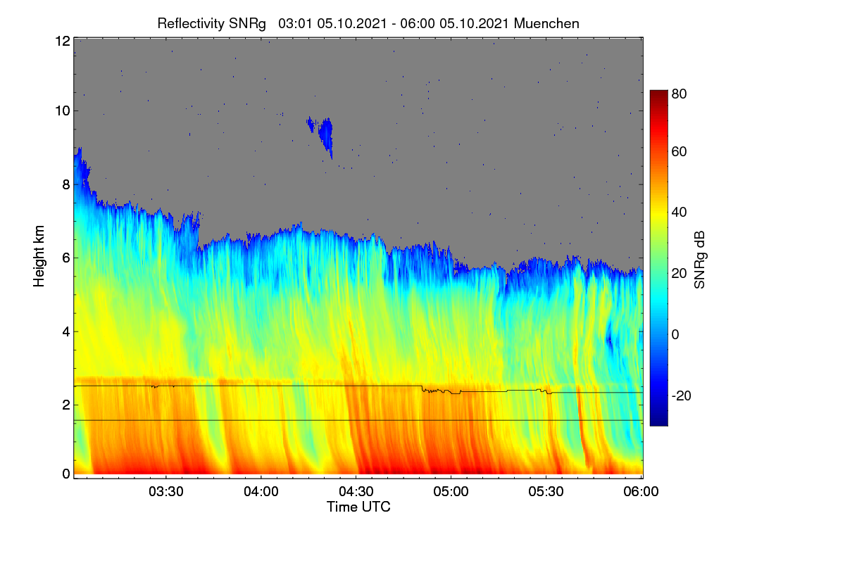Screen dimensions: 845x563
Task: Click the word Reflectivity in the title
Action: [191, 24]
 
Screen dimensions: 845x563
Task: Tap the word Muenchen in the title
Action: [546, 24]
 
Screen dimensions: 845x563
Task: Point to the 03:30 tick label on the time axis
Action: [166, 491]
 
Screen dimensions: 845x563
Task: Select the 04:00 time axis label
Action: [261, 491]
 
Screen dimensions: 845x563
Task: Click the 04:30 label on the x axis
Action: [356, 491]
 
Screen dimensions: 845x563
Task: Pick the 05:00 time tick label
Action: [451, 491]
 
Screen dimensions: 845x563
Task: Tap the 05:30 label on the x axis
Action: [546, 491]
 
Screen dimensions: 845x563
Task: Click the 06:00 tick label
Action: [641, 491]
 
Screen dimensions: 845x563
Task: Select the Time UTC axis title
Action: [358, 507]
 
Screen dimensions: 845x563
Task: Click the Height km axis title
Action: [39, 256]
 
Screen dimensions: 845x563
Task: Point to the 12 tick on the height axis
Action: [63, 41]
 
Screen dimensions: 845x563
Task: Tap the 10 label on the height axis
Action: [63, 111]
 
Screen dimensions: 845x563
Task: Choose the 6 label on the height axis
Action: [66, 258]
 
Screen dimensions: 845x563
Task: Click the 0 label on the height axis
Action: [66, 474]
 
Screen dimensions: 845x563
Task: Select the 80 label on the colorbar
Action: [679, 94]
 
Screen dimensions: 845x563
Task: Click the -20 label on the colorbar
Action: [682, 396]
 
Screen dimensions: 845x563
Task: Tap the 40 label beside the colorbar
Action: [679, 213]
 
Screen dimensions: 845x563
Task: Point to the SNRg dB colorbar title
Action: [699, 260]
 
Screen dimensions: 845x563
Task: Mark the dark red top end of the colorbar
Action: [658, 92]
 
